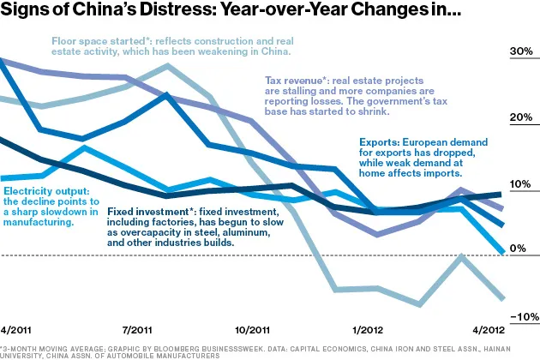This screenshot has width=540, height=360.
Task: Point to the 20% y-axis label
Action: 521,118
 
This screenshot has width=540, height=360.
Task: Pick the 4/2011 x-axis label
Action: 16,330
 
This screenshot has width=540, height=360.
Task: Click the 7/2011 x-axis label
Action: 138,330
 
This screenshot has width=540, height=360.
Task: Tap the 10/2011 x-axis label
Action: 254,330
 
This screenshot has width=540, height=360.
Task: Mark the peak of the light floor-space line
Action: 169,65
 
